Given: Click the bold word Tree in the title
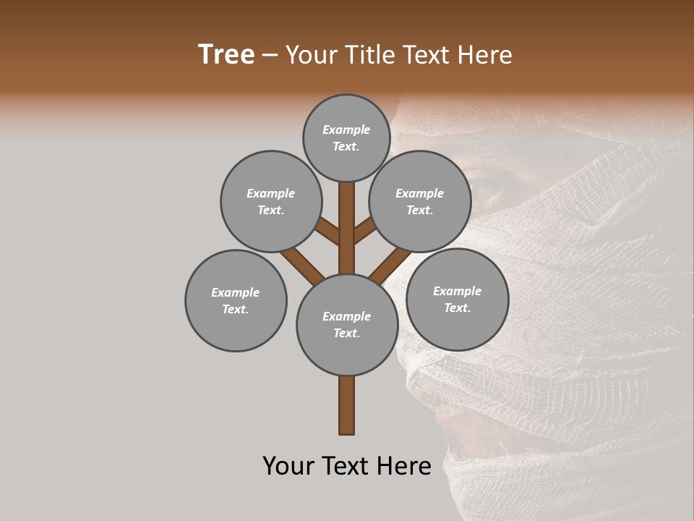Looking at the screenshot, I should click(226, 55).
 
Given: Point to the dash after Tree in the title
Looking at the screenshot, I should click(270, 56).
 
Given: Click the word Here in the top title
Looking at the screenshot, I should click(484, 55).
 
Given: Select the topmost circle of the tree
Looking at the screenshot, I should click(346, 137).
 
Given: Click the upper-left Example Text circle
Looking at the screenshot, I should click(271, 201).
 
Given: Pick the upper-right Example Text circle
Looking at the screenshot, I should click(420, 201).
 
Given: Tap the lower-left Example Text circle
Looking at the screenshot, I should click(236, 300).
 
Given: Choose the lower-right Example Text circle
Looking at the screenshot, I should click(457, 299).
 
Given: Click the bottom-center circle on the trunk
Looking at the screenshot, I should click(347, 324).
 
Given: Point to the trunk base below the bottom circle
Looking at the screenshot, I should click(347, 405).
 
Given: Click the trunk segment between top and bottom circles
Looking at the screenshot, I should click(347, 228).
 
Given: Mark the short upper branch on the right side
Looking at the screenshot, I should click(365, 231).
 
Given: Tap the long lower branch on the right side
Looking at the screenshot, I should click(390, 264).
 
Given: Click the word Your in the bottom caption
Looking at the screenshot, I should click(288, 466).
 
